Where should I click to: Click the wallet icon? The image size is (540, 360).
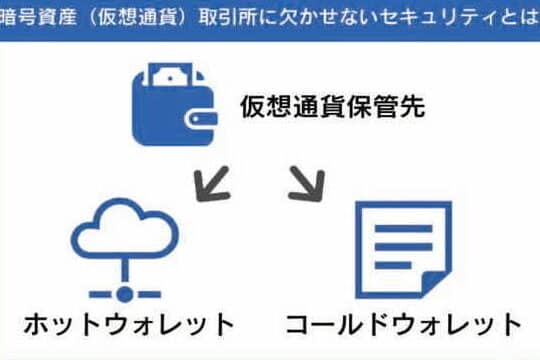point(175,104)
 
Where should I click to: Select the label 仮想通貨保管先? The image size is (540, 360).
point(333,107)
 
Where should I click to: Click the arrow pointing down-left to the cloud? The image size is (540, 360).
point(212,183)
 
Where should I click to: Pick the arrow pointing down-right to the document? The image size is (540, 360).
point(307,183)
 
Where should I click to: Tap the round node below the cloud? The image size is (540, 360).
point(125,294)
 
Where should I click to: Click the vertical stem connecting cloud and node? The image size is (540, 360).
point(125,272)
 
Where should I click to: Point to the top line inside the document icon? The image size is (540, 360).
point(404,228)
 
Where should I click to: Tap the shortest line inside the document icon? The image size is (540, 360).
point(393,265)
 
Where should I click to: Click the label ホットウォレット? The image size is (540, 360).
point(129,325)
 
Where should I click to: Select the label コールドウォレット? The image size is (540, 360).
point(403,325)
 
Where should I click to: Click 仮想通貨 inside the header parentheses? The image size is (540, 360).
point(136,17)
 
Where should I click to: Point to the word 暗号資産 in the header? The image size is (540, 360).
point(39,17)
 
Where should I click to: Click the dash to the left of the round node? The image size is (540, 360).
point(101,294)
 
